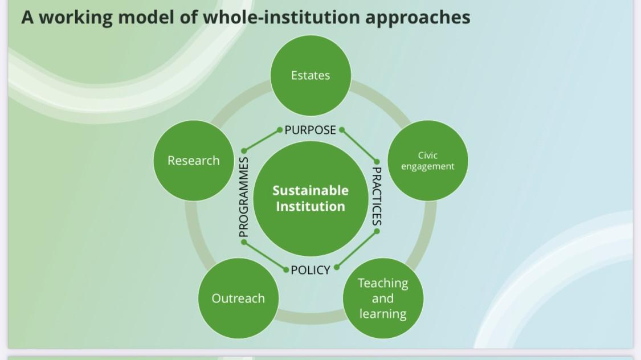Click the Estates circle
(311, 75)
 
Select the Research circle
(194, 161)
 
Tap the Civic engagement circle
(428, 161)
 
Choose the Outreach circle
(238, 298)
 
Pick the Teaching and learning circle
(383, 298)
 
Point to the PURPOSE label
(311, 130)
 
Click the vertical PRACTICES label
(377, 196)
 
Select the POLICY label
(311, 270)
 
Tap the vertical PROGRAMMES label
(244, 197)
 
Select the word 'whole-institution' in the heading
(281, 18)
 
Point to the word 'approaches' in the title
(418, 18)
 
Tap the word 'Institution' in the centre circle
(311, 206)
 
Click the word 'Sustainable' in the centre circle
(311, 190)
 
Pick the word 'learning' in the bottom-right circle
(383, 314)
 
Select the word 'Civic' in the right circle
(428, 155)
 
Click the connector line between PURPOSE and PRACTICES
(360, 146)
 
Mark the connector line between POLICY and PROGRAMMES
(265, 256)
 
